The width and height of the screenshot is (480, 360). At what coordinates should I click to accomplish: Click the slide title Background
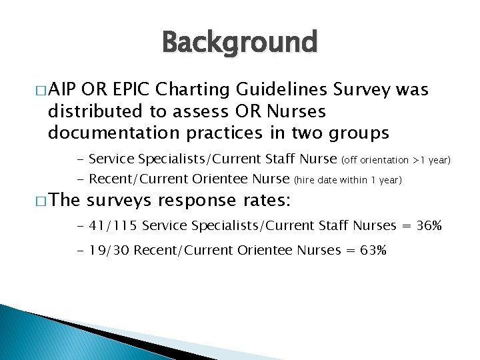click(240, 43)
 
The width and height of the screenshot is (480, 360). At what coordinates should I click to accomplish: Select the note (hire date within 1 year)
click(347, 181)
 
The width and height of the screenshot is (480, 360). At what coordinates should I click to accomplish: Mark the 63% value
click(372, 251)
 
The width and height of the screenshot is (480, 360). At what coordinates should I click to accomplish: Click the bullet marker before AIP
click(43, 91)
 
